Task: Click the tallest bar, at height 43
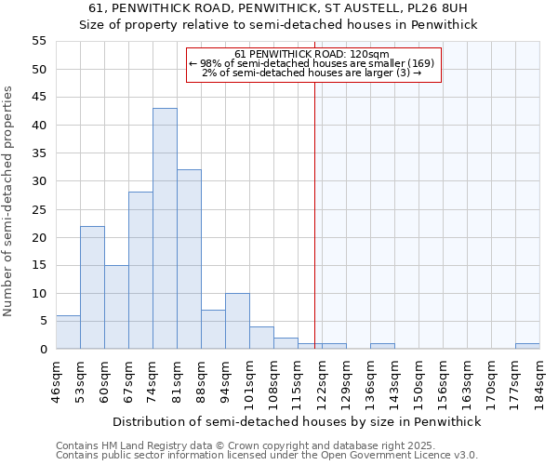click(165, 229)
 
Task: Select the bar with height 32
click(189, 259)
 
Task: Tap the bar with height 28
click(140, 271)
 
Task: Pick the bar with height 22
click(92, 287)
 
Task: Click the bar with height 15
click(116, 307)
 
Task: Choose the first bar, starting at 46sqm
click(68, 332)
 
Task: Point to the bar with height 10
click(237, 321)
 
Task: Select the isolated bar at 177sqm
click(527, 346)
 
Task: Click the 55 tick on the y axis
click(38, 41)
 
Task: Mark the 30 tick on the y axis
click(38, 181)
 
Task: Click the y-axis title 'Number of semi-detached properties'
click(8, 200)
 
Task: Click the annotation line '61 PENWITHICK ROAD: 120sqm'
click(312, 55)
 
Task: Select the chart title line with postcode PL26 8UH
click(278, 8)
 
